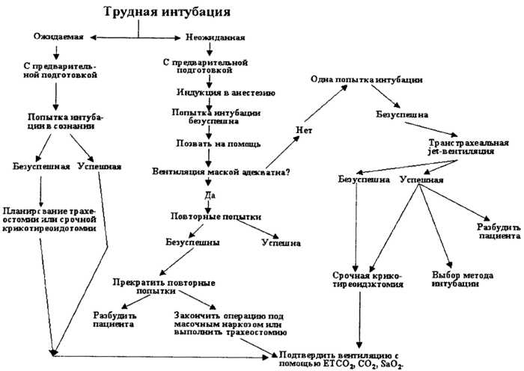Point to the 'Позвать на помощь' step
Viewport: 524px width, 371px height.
coord(207,142)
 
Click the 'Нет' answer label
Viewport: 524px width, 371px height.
coord(303,130)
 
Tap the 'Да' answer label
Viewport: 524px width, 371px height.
coord(209,194)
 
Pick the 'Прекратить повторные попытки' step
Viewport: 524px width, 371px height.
coord(164,288)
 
